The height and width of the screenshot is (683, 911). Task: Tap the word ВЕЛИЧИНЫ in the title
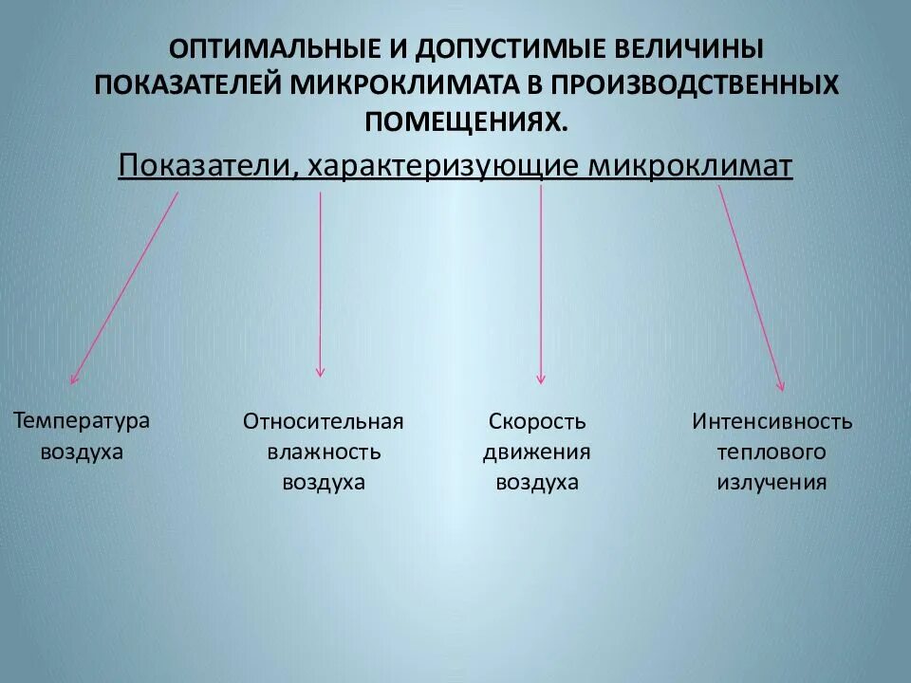692,46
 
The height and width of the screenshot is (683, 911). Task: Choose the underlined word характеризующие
443,166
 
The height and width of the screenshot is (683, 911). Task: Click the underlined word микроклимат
690,166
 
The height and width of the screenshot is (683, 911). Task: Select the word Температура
82,419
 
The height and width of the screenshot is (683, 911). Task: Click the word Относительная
324,421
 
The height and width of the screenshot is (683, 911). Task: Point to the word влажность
324,452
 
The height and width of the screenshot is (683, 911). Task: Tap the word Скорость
537,421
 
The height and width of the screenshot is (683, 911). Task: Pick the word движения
537,452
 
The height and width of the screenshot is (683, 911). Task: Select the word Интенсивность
772,421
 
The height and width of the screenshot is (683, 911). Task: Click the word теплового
772,452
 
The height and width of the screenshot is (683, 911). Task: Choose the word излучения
772,482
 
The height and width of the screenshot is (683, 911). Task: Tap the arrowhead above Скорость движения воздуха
541,378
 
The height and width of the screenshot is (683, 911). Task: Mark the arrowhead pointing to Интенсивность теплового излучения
781,385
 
